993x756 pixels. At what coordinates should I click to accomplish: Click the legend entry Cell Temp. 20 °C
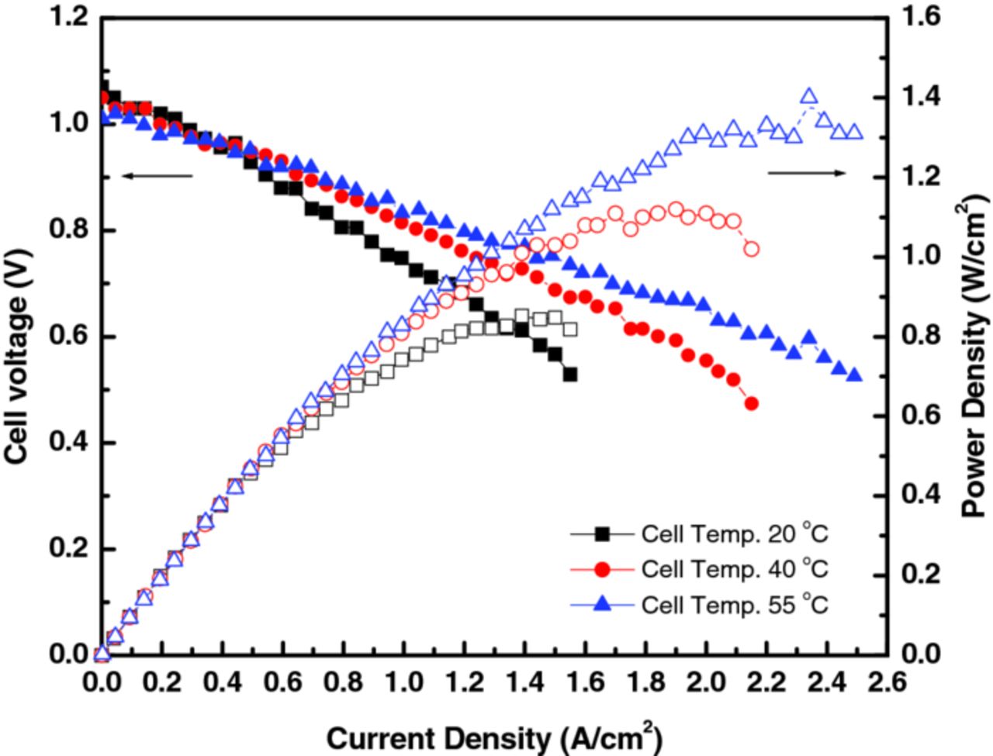pos(734,533)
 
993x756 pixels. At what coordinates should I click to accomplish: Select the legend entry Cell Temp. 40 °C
pos(734,569)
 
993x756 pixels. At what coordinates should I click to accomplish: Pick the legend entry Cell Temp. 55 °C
pos(734,604)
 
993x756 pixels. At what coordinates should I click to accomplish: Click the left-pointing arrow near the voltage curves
pos(157,176)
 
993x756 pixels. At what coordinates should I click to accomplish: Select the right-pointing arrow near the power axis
pos(807,173)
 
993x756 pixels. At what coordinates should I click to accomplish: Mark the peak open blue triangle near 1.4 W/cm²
pos(808,96)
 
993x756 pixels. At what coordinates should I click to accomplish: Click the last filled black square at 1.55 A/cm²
pos(570,375)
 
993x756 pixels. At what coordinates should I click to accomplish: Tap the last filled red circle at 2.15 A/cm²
pos(751,404)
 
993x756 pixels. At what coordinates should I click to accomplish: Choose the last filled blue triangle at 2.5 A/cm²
pos(854,375)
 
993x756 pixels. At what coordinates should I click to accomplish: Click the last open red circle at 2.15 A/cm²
pos(751,249)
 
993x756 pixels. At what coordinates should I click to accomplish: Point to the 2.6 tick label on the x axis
pos(886,682)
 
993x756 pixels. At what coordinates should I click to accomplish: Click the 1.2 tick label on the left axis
pos(71,17)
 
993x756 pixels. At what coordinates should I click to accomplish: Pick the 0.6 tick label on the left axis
pos(71,337)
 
